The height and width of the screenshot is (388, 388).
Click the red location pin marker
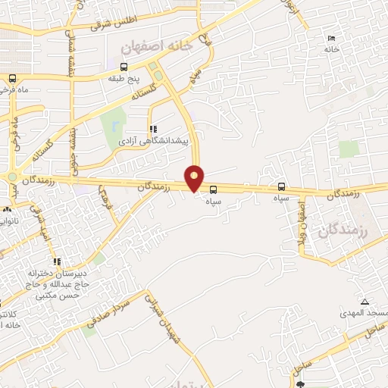pos(195,177)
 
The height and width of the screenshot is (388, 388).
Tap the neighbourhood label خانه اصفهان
pos(161,46)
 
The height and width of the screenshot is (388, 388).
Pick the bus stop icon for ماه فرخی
pos(11,78)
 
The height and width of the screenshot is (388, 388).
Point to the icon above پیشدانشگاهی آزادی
pos(152,130)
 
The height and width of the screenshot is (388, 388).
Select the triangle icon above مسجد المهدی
pos(365,301)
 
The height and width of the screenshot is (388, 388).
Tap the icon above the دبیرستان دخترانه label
pos(57,261)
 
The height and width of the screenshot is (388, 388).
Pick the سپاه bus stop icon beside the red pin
pos(214,189)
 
